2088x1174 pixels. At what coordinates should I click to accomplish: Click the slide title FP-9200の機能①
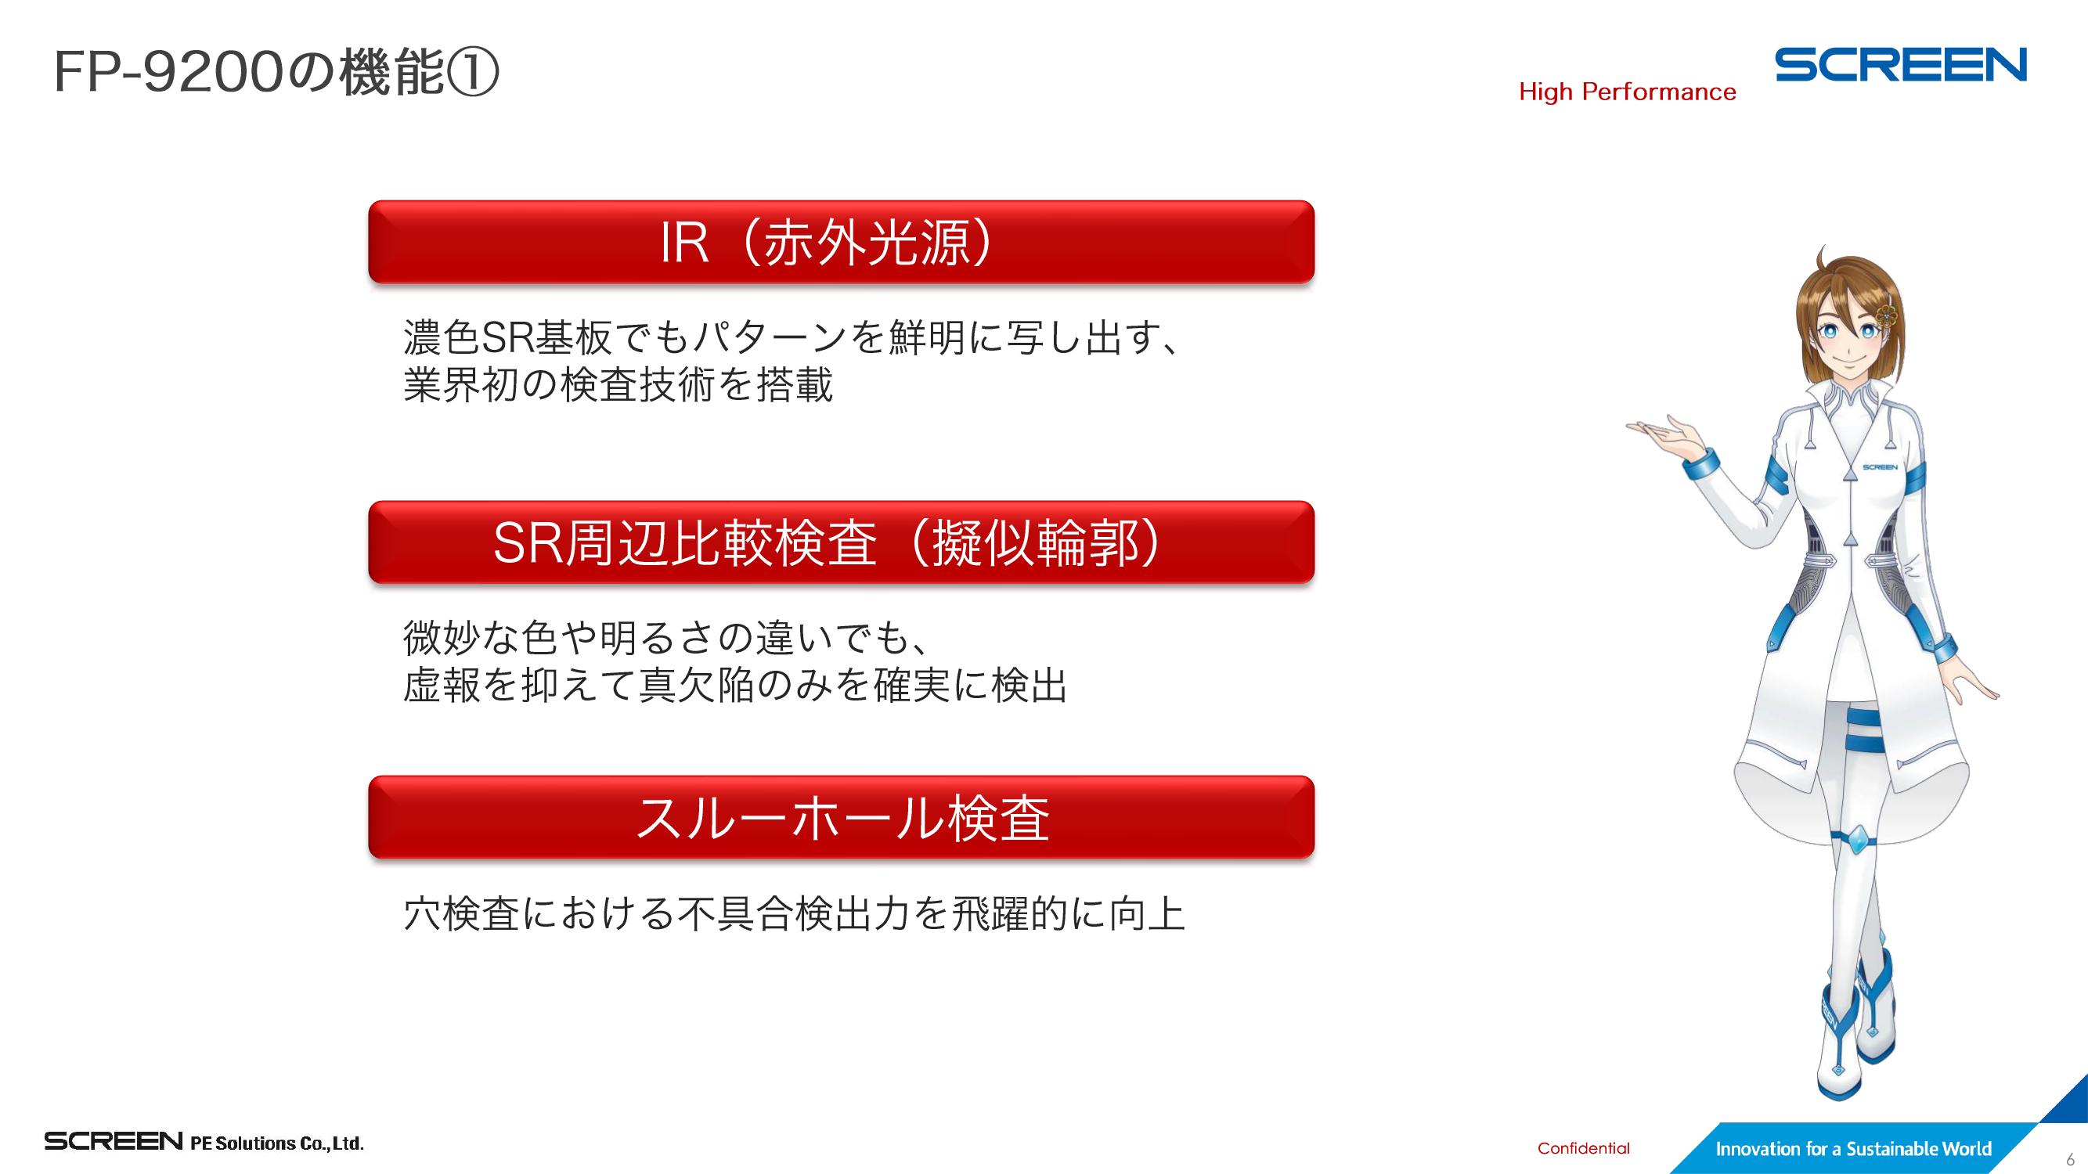click(276, 72)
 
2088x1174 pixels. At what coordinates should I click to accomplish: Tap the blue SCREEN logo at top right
click(1901, 65)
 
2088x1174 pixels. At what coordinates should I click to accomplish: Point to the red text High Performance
click(1628, 92)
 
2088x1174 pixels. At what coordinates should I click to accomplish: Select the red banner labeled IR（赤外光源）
click(842, 241)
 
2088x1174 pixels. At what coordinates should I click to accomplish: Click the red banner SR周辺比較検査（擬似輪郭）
click(842, 542)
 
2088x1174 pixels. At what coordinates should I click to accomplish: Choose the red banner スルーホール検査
click(842, 816)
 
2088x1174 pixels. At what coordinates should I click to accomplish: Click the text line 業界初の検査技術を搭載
click(618, 385)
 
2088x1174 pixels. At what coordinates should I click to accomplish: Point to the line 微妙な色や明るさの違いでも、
click(665, 638)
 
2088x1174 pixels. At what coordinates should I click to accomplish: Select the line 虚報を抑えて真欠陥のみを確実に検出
click(735, 686)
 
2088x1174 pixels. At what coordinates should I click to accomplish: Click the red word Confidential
click(1583, 1148)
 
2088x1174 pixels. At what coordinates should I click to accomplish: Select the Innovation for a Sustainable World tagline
click(1853, 1149)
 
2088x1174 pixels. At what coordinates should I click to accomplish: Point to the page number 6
click(2070, 1159)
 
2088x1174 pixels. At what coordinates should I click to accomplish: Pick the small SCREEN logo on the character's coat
click(1879, 467)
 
